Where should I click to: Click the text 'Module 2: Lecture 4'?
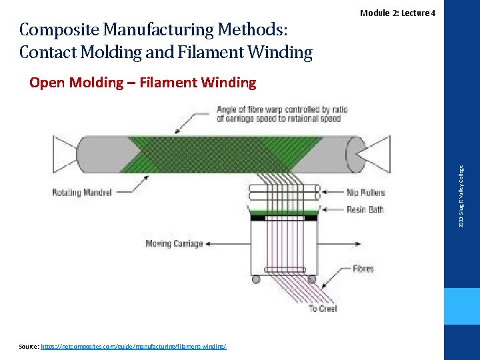coord(397,13)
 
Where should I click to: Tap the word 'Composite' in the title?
coord(59,30)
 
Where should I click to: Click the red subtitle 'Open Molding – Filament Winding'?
coord(143,83)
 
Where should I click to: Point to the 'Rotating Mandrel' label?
coord(75,193)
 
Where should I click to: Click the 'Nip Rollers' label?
coord(365,193)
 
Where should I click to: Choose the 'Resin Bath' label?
coord(365,209)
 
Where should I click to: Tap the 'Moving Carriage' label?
coord(173,244)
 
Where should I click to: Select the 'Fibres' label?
coord(363,269)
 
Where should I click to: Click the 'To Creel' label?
coord(323,309)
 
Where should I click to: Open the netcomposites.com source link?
coord(133,347)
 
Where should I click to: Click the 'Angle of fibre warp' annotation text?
coord(279,114)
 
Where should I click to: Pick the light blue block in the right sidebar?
coord(462,307)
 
